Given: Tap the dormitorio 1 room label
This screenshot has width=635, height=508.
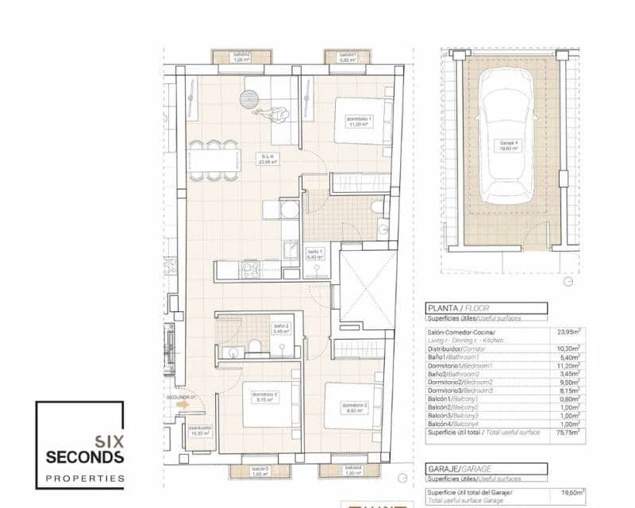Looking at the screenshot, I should tap(360, 121).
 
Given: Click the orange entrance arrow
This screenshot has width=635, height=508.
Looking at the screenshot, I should tap(183, 404).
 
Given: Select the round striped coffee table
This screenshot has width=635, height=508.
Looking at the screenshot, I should tap(249, 100).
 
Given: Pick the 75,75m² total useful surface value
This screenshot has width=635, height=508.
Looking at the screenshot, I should tap(568, 432).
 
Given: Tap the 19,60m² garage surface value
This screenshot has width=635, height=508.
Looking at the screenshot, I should tap(567, 492).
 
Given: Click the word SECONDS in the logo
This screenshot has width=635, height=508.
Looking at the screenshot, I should tap(84, 456).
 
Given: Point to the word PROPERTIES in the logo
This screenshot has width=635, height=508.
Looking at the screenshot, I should tap(84, 479).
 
